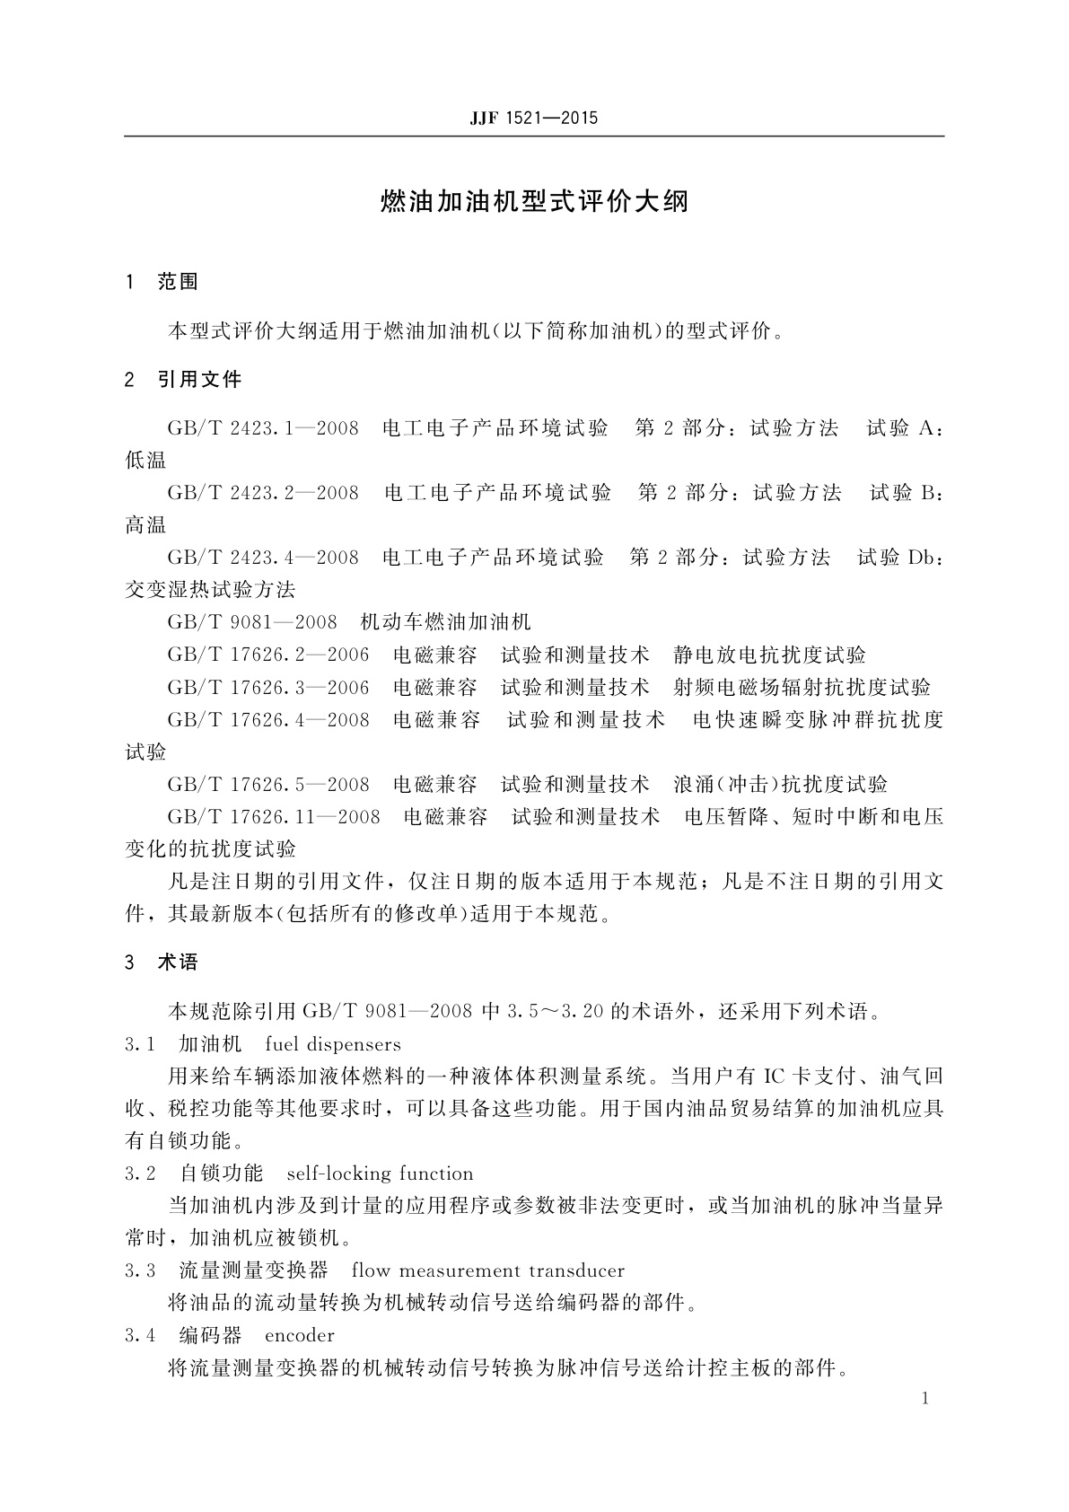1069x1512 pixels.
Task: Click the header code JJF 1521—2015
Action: click(533, 119)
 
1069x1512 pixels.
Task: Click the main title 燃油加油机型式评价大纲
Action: click(534, 201)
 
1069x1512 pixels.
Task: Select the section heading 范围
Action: click(178, 282)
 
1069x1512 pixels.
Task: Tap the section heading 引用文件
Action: click(200, 380)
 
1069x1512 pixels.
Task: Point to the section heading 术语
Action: click(178, 963)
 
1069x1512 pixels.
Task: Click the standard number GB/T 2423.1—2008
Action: click(263, 428)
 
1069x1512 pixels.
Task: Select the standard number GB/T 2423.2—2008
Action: click(263, 493)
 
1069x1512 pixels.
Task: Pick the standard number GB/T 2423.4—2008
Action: click(263, 558)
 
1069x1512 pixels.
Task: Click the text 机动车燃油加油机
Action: click(445, 622)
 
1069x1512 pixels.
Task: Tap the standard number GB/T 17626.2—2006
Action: click(268, 655)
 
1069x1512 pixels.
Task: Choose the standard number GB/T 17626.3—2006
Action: click(268, 688)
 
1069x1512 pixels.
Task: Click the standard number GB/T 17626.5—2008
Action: click(268, 785)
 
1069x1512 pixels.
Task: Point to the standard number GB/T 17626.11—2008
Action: click(274, 817)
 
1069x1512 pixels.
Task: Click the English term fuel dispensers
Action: click(333, 1044)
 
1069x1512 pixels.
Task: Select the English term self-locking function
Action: click(380, 1174)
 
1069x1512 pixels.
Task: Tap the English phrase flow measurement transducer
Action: click(488, 1270)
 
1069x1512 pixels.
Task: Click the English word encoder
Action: click(300, 1335)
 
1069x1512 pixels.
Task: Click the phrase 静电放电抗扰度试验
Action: click(770, 655)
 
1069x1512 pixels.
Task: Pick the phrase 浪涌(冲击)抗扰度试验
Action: click(781, 785)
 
